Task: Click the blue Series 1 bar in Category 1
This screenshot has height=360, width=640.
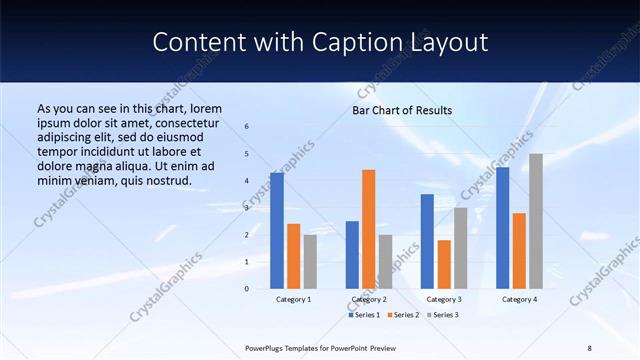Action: click(x=277, y=231)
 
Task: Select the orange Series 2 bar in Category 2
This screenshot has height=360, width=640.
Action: click(x=368, y=229)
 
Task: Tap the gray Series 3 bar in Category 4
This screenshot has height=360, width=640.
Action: click(x=536, y=221)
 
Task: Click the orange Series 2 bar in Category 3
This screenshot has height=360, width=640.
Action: click(x=444, y=264)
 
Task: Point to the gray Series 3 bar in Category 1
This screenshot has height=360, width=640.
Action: click(x=310, y=262)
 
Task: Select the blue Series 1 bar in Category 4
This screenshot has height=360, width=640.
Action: click(x=502, y=228)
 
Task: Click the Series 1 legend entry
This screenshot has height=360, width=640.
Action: click(x=364, y=315)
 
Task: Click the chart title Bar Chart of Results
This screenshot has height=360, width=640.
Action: click(x=402, y=110)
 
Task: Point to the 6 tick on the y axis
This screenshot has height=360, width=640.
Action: click(x=247, y=127)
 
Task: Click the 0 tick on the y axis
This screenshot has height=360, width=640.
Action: click(x=247, y=289)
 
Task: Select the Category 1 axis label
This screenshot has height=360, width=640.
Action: click(x=293, y=300)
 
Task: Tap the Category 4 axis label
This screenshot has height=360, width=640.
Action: click(x=519, y=300)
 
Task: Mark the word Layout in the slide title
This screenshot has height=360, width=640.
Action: click(x=451, y=42)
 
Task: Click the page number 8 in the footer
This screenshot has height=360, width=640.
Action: click(x=589, y=347)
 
